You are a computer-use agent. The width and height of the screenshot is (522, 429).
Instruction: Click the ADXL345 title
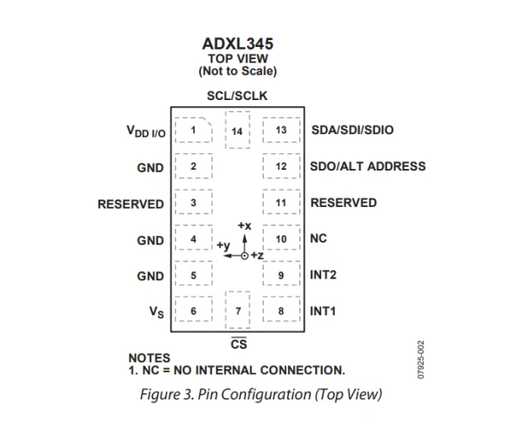coord(237,41)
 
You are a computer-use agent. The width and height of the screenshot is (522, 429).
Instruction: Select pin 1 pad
coord(193,131)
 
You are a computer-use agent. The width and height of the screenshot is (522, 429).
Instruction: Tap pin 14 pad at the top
coord(237,131)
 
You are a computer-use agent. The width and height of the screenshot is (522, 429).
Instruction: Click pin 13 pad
coord(281,131)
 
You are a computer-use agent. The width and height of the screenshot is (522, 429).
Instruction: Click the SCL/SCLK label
coord(237,96)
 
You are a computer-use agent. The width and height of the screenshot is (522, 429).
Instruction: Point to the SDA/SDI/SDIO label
coord(351,131)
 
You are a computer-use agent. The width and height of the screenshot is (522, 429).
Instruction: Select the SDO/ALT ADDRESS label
coord(368,166)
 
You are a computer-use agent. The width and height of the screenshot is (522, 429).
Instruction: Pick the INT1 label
coord(324,311)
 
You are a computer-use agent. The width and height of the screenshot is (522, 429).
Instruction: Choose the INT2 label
coord(324,275)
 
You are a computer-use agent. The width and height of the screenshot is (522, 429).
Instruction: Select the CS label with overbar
coord(238,345)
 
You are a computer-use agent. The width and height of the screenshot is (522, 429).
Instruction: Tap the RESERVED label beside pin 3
coord(130,204)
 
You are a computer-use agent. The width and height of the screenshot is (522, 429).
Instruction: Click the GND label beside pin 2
coord(150,167)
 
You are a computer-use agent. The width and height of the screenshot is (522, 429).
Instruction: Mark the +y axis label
coord(223,246)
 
